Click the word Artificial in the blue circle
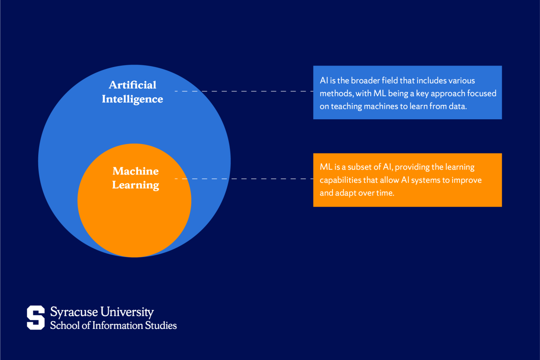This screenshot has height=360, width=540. [x=133, y=85]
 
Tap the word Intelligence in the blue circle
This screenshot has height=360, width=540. [x=132, y=99]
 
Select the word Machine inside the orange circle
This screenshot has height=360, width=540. [x=135, y=171]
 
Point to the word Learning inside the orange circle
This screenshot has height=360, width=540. [x=135, y=185]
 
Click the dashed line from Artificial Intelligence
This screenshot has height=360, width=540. [x=243, y=91]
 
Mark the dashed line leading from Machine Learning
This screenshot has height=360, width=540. [x=243, y=179]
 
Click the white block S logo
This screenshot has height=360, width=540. [x=36, y=317]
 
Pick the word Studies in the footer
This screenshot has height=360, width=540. [x=162, y=325]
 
